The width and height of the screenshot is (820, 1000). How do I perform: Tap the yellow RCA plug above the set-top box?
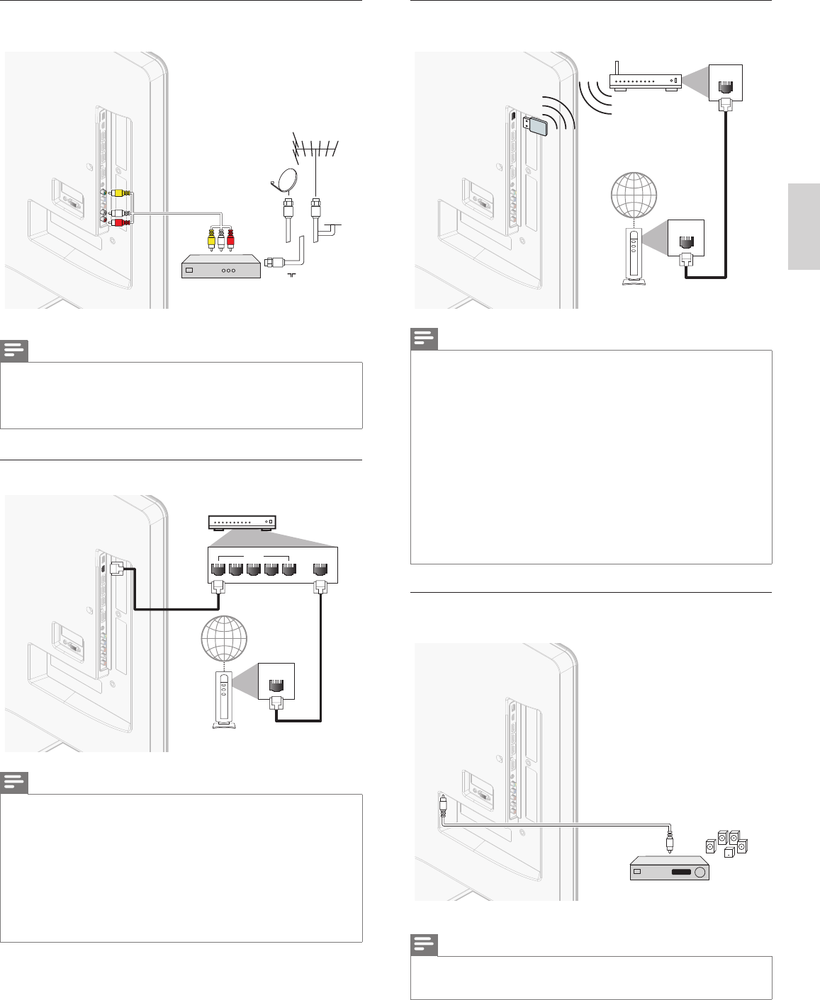click(x=212, y=240)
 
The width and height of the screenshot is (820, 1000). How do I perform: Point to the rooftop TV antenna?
click(x=315, y=149)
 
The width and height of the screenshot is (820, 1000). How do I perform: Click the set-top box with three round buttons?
click(x=220, y=270)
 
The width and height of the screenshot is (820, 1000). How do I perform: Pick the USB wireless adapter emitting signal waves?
click(x=534, y=125)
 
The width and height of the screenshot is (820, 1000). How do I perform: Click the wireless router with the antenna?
click(x=645, y=80)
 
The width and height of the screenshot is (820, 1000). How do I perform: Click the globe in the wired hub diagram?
click(x=224, y=636)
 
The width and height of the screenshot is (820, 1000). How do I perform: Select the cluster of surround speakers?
click(x=726, y=844)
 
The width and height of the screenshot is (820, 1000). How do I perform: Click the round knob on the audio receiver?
click(x=700, y=872)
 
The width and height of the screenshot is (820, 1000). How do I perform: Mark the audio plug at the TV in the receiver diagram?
click(x=442, y=805)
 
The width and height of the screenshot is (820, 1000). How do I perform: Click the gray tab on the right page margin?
click(x=803, y=227)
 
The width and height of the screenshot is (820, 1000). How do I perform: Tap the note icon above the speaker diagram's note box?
click(x=424, y=945)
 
